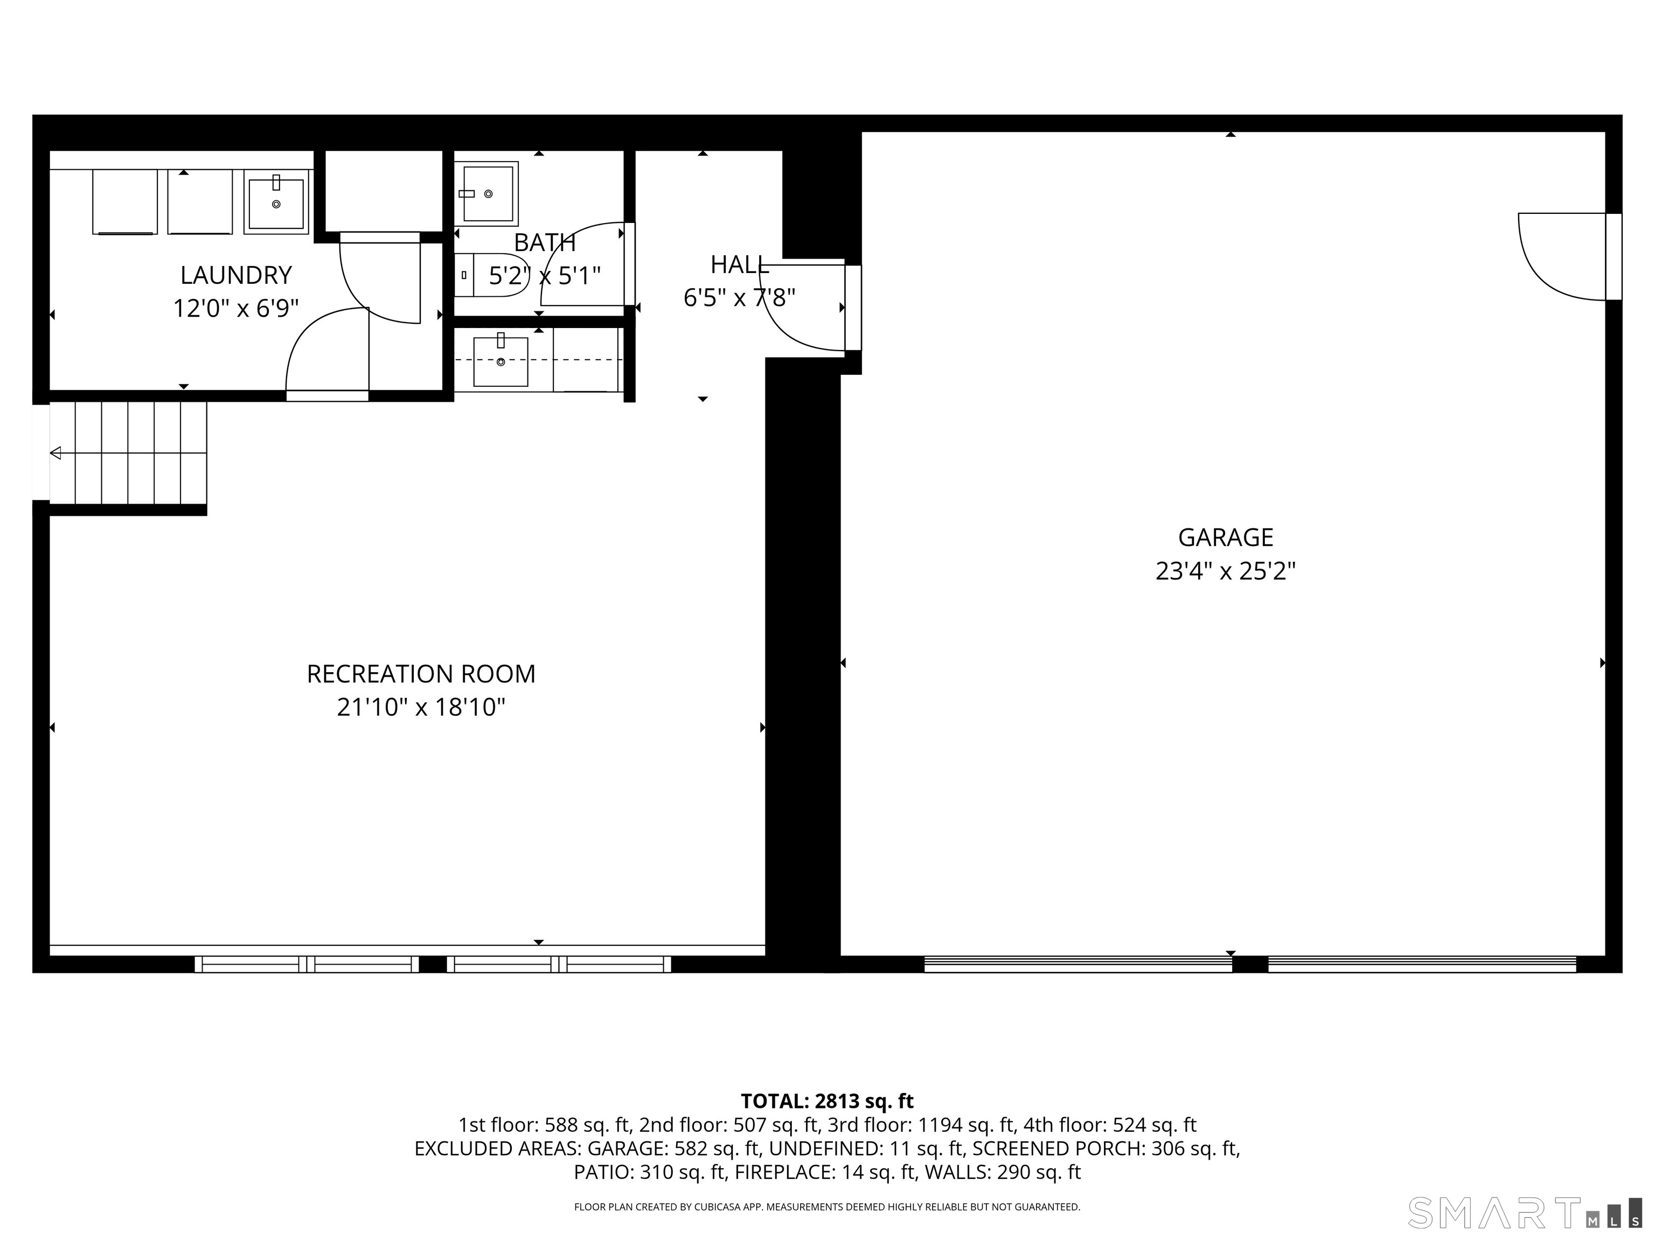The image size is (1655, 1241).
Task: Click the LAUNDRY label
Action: [x=235, y=275]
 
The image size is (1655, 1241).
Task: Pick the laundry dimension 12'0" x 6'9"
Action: [x=235, y=308]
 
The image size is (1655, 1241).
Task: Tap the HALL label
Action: [x=739, y=265]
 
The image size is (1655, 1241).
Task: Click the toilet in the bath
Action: [x=490, y=275]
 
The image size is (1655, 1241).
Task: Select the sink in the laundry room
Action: [x=276, y=203]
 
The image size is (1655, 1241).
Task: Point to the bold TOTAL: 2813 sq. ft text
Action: [x=827, y=1101]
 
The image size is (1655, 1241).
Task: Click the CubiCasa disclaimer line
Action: [x=827, y=1207]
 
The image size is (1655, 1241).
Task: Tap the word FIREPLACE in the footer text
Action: [x=784, y=1172]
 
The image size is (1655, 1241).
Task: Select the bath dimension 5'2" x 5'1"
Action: [x=545, y=276]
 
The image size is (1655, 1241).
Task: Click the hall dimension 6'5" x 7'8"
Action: [x=739, y=298]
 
